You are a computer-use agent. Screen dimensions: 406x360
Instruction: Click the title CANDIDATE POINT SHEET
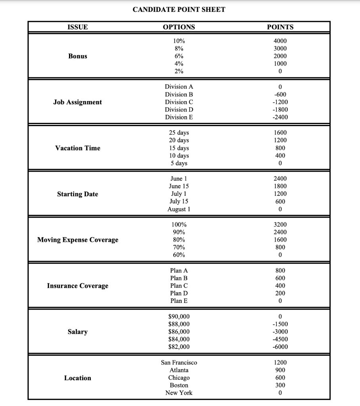click(x=179, y=10)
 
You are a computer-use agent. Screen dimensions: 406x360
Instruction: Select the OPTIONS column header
click(x=179, y=27)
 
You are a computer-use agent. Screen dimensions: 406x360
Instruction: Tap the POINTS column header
click(x=280, y=27)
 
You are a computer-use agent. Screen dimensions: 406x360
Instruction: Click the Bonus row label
click(x=78, y=56)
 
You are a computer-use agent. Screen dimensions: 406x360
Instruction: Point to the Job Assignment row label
click(x=78, y=102)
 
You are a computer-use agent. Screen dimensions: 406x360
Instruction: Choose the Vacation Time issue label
click(x=78, y=148)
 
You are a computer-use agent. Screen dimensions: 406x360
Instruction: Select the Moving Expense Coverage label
click(x=78, y=240)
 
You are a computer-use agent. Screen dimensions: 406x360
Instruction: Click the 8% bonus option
click(x=179, y=48)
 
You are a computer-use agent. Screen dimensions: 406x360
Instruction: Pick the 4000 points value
click(x=280, y=41)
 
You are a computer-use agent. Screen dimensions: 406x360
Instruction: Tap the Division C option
click(x=179, y=102)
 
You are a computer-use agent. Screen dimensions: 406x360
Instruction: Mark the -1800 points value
click(x=280, y=109)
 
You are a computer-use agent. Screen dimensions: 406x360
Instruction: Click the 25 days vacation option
click(x=179, y=133)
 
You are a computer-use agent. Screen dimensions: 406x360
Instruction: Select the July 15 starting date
click(x=179, y=201)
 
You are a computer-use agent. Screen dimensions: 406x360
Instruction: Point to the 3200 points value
click(x=280, y=224)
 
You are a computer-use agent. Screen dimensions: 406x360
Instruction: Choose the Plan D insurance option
click(x=179, y=293)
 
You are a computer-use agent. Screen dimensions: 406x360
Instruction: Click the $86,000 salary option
click(x=179, y=331)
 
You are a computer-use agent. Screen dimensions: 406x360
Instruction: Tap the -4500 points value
click(x=280, y=339)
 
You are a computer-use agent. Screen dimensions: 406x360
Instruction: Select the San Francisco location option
click(x=179, y=362)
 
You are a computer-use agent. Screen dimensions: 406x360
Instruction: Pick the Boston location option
click(x=179, y=385)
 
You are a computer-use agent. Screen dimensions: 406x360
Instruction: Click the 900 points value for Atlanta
click(x=280, y=370)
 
